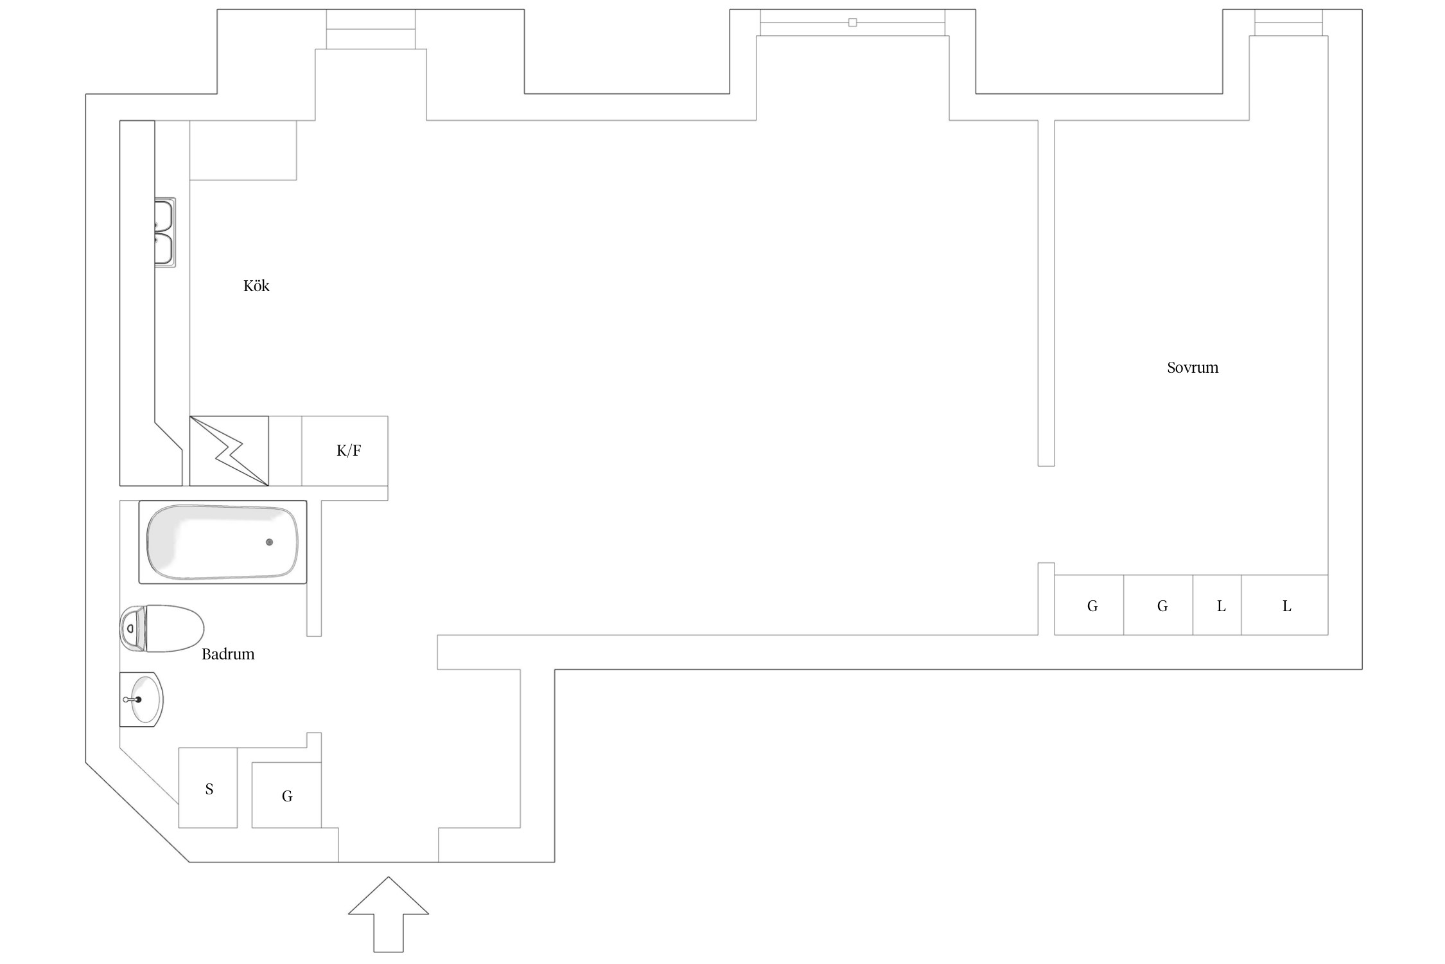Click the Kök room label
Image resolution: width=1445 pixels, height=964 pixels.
256,286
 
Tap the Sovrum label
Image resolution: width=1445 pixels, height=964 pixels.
1192,368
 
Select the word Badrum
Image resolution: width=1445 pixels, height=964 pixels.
228,654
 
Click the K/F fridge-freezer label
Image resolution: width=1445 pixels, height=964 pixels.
349,451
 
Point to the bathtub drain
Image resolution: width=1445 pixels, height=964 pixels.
269,542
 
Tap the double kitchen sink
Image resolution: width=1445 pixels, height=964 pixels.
164,232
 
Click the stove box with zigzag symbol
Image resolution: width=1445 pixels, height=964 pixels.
229,451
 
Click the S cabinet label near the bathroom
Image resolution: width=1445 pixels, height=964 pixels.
209,789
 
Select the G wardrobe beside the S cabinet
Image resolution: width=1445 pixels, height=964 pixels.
286,796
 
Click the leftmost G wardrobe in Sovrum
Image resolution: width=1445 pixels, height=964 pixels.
1092,605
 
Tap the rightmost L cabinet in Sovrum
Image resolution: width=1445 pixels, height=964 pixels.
1286,605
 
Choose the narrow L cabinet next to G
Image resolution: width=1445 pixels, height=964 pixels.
1220,605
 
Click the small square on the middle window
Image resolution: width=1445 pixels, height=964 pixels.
852,22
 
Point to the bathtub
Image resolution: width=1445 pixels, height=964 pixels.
222,542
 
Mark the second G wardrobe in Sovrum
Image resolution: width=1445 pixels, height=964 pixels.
1161,605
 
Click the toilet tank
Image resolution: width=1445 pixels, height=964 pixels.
132,628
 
